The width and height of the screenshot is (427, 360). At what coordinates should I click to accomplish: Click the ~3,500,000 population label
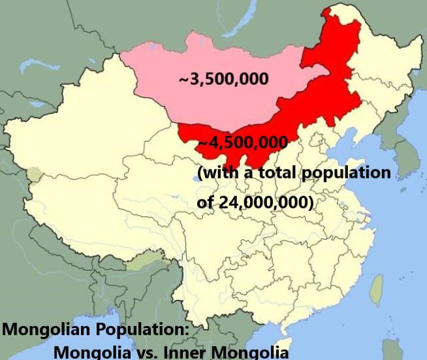click(x=223, y=79)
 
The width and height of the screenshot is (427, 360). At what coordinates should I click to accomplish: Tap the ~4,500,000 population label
click(x=243, y=142)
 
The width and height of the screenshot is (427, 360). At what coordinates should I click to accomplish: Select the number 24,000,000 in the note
click(x=264, y=203)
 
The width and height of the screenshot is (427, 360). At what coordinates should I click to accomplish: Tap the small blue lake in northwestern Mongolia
click(x=152, y=48)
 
